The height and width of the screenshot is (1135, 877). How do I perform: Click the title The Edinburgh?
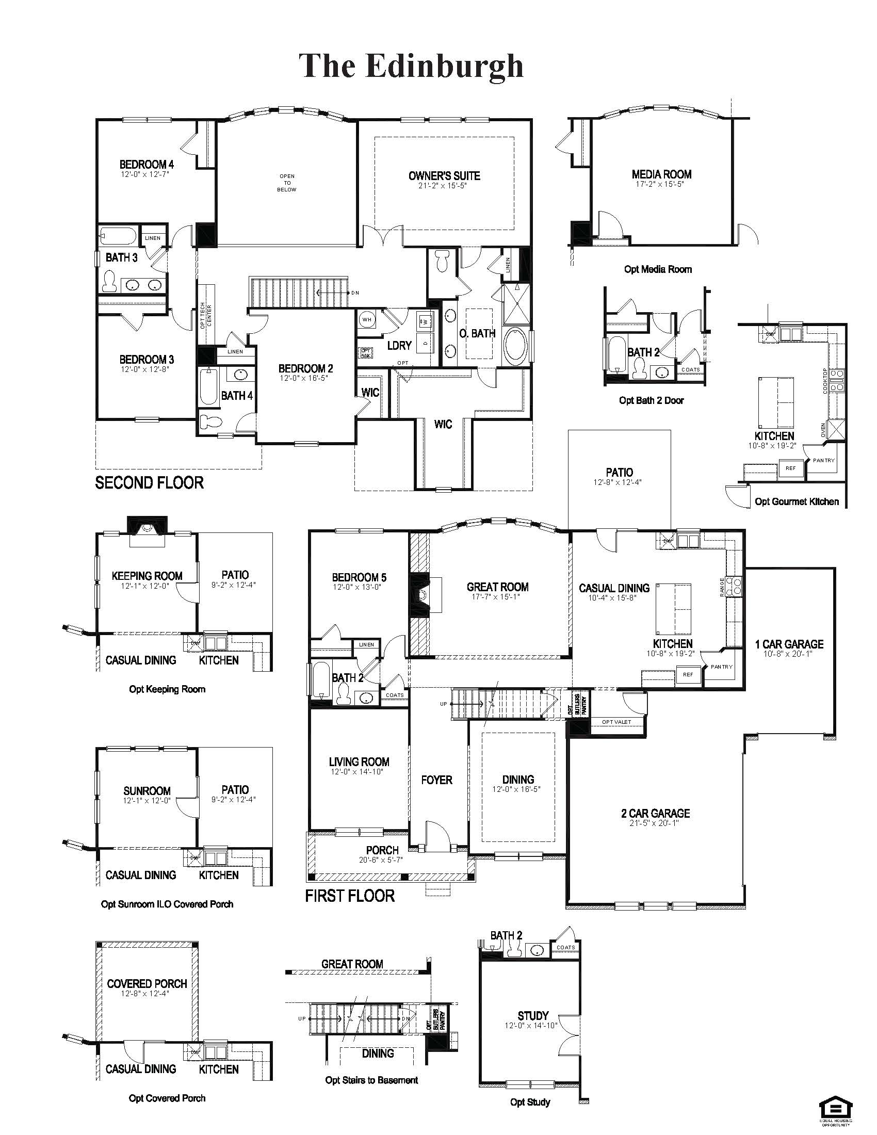pyautogui.click(x=411, y=67)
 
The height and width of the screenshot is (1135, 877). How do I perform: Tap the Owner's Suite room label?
pyautogui.click(x=444, y=175)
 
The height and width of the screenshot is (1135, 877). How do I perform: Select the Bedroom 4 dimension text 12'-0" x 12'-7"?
pyautogui.click(x=145, y=174)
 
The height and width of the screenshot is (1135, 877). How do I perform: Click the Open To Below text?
pyautogui.click(x=287, y=183)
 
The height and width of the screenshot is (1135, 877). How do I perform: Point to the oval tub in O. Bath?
pyautogui.click(x=515, y=345)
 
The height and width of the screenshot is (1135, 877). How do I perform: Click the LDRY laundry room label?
pyautogui.click(x=399, y=346)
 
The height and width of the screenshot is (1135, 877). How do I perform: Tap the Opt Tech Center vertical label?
pyautogui.click(x=206, y=314)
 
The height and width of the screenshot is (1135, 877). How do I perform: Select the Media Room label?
pyautogui.click(x=661, y=174)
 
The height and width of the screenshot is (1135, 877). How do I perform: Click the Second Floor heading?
pyautogui.click(x=149, y=483)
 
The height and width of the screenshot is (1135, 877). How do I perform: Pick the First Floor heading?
pyautogui.click(x=350, y=896)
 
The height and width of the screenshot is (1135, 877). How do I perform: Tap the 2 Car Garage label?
pyautogui.click(x=655, y=813)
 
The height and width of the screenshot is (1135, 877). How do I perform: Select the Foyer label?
pyautogui.click(x=436, y=780)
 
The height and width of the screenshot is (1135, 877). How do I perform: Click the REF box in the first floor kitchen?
pyautogui.click(x=688, y=675)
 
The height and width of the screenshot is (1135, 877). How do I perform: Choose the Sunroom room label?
pyautogui.click(x=147, y=791)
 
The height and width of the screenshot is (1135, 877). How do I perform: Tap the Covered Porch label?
pyautogui.click(x=147, y=984)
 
